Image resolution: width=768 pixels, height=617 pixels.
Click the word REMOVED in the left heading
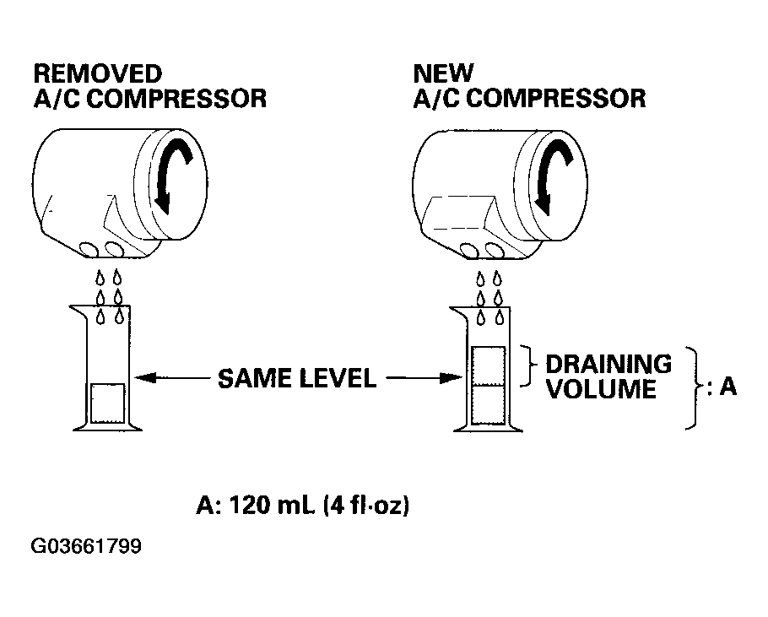pyautogui.click(x=97, y=74)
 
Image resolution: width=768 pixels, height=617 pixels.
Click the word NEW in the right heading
pyautogui.click(x=443, y=74)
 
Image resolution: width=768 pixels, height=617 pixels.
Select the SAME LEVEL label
pyautogui.click(x=297, y=378)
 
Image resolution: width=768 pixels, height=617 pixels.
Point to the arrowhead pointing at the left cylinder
pyautogui.click(x=145, y=377)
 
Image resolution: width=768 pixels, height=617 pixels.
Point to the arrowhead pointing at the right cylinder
pyautogui.click(x=452, y=377)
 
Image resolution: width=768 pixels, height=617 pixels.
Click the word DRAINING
pyautogui.click(x=608, y=365)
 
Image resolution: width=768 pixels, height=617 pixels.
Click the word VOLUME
pyautogui.click(x=601, y=389)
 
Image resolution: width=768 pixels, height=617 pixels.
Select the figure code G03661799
pyautogui.click(x=86, y=546)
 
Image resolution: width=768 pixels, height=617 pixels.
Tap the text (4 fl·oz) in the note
pyautogui.click(x=366, y=506)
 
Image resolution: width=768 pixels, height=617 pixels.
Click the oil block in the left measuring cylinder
pyautogui.click(x=108, y=403)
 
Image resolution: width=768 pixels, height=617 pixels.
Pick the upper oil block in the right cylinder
pyautogui.click(x=488, y=365)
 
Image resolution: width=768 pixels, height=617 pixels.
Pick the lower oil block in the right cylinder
pyautogui.click(x=488, y=405)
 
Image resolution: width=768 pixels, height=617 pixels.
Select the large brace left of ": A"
pyautogui.click(x=695, y=388)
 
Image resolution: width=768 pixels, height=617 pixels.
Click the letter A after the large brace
pyautogui.click(x=727, y=387)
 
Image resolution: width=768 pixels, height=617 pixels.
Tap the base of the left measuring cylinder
pyautogui.click(x=108, y=427)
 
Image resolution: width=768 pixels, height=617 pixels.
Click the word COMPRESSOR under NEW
pyautogui.click(x=555, y=99)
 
